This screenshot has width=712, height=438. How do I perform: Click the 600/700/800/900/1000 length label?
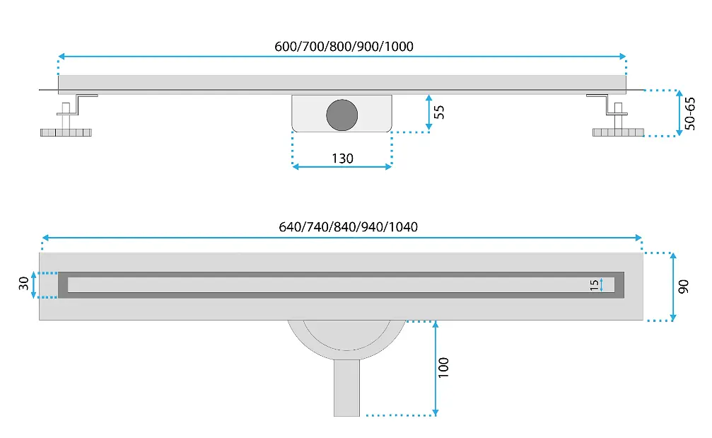pos(344,46)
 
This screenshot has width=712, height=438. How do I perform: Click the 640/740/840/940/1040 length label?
pos(349,226)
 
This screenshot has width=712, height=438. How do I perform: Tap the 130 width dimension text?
pos(342,158)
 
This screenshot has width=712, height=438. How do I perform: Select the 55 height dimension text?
pos(439,113)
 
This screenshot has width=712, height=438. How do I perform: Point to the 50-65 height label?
pos(690,113)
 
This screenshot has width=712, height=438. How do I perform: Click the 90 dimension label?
pos(684,287)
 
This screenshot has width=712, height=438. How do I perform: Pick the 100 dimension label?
pos(443,367)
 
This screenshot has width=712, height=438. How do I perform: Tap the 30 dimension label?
pos(23,284)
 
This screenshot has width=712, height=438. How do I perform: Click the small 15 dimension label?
pos(594,285)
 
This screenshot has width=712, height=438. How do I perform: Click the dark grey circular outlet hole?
pos(342,115)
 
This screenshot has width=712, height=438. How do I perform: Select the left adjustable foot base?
pos(66,132)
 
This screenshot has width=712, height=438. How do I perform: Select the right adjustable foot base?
pos(618,132)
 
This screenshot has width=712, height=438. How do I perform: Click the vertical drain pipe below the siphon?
pos(346,388)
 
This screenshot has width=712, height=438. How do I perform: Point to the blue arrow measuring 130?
pos(342,167)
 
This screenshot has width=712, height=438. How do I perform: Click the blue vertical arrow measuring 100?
pos(436,369)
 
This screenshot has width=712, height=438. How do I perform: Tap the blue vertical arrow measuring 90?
pos(673,287)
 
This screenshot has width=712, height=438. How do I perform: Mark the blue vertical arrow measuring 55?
pos(428,113)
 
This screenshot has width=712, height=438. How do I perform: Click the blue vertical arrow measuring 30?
pos(34,285)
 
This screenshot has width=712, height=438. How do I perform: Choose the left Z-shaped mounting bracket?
pos(78,105)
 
